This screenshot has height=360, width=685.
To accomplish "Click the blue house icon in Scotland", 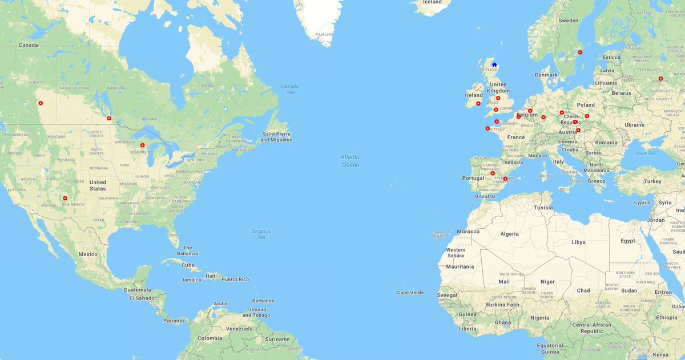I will pyautogui.click(x=494, y=65).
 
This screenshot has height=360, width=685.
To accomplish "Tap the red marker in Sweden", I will pyautogui.click(x=580, y=52).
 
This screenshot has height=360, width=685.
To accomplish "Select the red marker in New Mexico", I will pyautogui.click(x=65, y=199).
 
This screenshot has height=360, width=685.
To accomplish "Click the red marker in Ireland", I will pyautogui.click(x=478, y=104).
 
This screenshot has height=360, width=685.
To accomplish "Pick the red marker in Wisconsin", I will pyautogui.click(x=142, y=145).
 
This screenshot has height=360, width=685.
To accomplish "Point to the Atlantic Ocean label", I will pyautogui.click(x=350, y=161).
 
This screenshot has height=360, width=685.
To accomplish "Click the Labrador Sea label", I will pyautogui.click(x=290, y=89).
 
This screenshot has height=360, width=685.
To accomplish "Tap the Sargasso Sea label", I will pyautogui.click(x=261, y=234).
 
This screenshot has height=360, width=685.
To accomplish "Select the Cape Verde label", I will pyautogui.click(x=410, y=293).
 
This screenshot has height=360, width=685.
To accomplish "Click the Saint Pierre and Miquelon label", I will pyautogui.click(x=277, y=136).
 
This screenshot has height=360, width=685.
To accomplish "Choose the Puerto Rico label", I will pyautogui.click(x=235, y=279).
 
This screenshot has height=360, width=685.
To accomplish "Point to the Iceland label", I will pyautogui.click(x=432, y=2).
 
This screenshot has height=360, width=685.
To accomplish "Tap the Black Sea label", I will pyautogui.click(x=646, y=153).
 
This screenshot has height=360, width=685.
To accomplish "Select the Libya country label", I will pyautogui.click(x=578, y=242).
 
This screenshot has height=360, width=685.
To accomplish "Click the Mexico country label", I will pyautogui.click(x=88, y=254).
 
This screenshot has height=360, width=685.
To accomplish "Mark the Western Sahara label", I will pyautogui.click(x=456, y=253).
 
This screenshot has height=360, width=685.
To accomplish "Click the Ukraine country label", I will pyautogui.click(x=634, y=124).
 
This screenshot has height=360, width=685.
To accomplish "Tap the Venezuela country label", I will pyautogui.click(x=239, y=329).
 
